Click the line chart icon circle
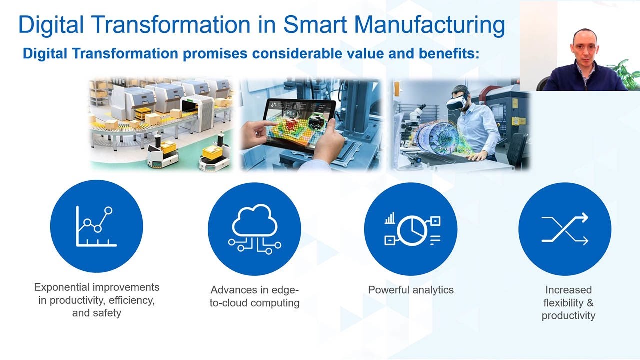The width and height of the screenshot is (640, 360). point(97,226)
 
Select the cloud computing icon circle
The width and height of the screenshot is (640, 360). point(254,229)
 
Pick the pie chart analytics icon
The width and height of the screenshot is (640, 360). point(411,229)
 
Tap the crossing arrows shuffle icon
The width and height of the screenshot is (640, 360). point(565,229)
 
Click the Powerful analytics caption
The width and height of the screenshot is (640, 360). point(411,290)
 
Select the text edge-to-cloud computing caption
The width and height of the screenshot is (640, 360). point(254,296)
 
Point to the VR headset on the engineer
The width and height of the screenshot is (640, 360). point(456,102)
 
